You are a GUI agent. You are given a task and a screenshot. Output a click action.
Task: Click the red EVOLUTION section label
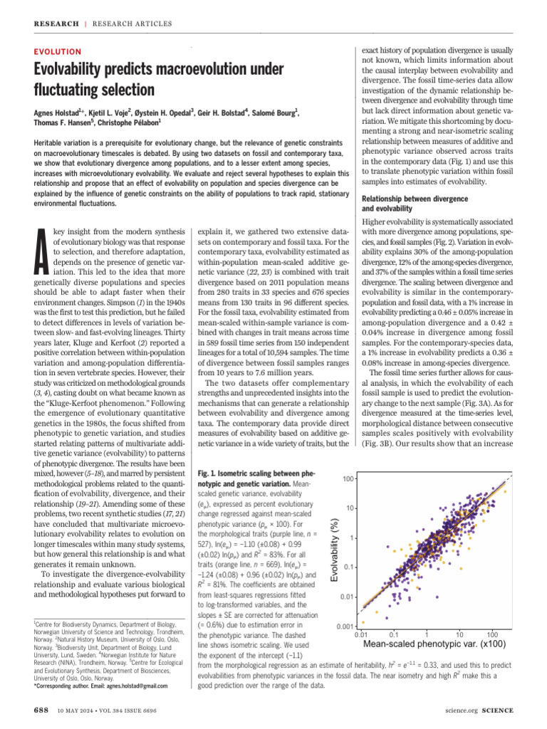click(58, 51)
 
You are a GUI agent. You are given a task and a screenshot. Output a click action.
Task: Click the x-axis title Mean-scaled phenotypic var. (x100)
click(435, 644)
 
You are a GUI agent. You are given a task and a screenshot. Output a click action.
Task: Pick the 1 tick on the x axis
click(426, 634)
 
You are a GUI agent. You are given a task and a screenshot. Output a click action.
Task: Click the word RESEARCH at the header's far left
click(56, 23)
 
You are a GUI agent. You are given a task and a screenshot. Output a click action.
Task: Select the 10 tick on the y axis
click(350, 508)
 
